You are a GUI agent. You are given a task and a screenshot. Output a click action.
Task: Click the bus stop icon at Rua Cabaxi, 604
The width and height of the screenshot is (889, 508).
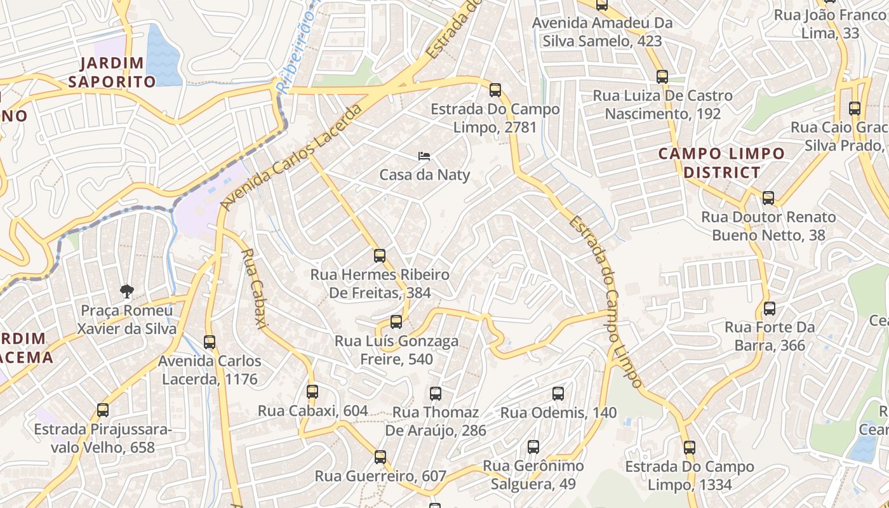point(312,392)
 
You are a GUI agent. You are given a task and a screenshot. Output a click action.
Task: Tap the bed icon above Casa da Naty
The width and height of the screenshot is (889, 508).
point(424,156)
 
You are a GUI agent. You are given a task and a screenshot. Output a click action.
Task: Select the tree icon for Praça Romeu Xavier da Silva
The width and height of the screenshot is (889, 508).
point(127,291)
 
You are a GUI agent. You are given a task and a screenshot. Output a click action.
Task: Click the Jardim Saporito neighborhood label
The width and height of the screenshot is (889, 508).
point(112,72)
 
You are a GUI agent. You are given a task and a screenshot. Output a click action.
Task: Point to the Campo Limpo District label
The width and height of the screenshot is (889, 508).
point(721,163)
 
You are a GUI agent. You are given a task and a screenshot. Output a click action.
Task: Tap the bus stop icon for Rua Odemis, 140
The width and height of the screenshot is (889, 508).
point(558,394)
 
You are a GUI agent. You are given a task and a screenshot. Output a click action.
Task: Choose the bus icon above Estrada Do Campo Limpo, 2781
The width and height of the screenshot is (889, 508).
point(495,90)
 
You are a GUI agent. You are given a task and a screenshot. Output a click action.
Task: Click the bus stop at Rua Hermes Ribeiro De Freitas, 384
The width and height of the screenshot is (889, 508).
point(380,256)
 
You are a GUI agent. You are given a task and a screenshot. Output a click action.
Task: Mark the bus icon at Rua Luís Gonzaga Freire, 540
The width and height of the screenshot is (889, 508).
point(396,322)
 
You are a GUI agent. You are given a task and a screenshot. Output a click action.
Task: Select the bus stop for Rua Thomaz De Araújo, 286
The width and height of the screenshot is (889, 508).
point(435,394)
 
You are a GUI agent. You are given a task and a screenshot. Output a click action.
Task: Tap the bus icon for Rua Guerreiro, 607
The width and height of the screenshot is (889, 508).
point(380,457)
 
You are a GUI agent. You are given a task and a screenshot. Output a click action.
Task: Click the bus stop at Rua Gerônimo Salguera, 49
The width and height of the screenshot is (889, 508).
point(533,447)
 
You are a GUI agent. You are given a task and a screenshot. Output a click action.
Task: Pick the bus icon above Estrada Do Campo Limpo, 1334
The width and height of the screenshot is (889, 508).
point(690,448)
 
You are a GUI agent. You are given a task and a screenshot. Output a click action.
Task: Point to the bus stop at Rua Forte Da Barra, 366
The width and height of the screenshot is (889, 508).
point(770,309)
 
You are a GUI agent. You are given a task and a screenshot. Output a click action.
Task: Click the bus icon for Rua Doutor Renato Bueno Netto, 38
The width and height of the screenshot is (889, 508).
point(768,198)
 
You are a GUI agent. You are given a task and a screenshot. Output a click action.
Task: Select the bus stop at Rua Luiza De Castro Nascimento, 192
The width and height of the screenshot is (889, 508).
point(662,77)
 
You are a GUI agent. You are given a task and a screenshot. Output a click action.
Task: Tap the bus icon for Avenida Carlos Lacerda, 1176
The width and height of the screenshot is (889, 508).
point(210,342)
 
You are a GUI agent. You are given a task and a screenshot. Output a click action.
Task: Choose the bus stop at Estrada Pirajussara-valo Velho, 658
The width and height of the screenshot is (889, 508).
point(103,410)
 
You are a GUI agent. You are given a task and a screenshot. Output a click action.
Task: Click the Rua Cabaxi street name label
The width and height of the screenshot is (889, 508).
point(252,288)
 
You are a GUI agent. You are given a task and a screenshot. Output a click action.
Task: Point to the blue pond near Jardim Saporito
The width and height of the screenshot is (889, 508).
point(164,56)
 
